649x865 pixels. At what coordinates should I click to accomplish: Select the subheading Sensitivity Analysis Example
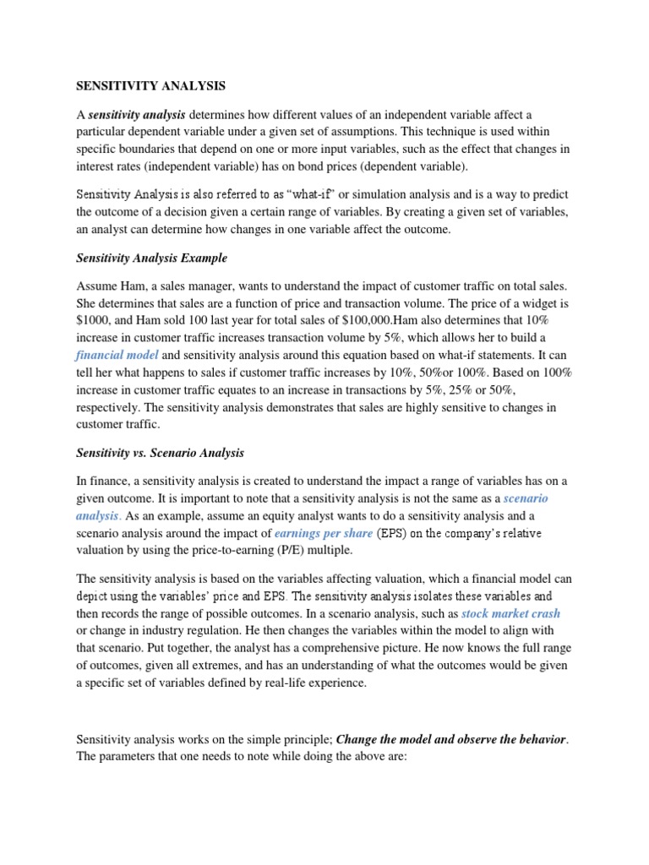(152, 258)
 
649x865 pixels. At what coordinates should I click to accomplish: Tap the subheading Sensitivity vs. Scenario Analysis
(161, 453)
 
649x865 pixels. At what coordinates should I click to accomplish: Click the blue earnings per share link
(324, 533)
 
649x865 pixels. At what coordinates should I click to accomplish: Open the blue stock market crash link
(510, 612)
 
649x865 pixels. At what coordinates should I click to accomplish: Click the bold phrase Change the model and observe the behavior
(450, 739)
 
